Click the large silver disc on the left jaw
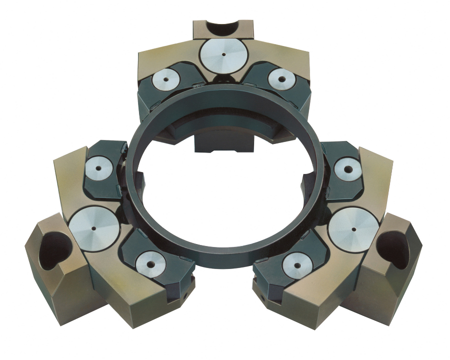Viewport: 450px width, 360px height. click(x=94, y=226)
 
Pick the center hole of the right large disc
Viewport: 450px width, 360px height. click(x=353, y=230)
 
